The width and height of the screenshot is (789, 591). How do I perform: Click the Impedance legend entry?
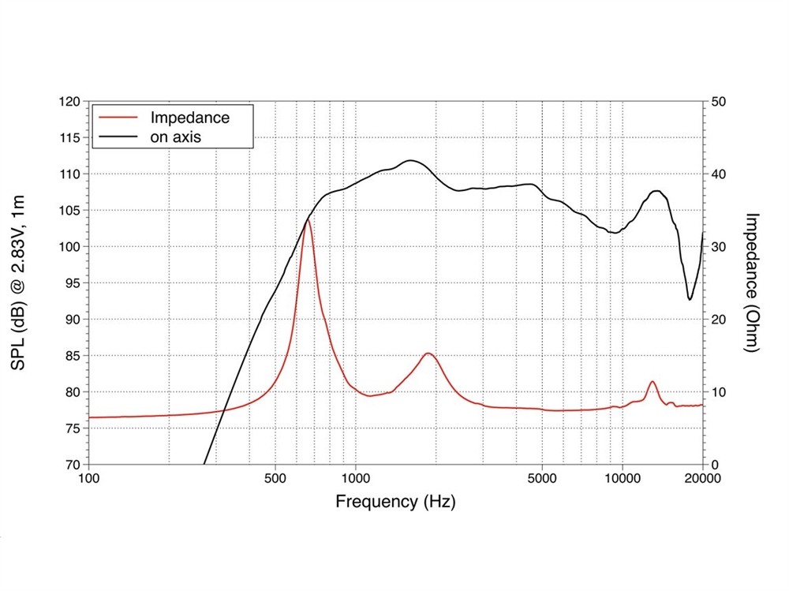189,118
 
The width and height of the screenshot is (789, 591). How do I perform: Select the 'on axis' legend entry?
176,137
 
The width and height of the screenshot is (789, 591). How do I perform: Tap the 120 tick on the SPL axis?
71,102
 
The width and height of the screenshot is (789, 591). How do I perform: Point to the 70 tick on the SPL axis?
71,465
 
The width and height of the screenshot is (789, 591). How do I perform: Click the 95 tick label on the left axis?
71,283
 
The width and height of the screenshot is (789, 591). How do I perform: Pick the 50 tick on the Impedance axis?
720,102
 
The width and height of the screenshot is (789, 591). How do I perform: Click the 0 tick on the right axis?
716,465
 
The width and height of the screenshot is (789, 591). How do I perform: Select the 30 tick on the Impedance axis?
720,247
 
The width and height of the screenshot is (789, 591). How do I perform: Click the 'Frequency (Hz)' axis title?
395,501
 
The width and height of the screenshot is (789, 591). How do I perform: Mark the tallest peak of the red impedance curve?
307,220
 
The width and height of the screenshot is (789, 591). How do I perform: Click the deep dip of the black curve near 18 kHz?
690,299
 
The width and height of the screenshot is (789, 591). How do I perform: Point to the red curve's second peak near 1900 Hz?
428,353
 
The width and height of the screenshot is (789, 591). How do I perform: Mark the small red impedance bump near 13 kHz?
652,382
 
